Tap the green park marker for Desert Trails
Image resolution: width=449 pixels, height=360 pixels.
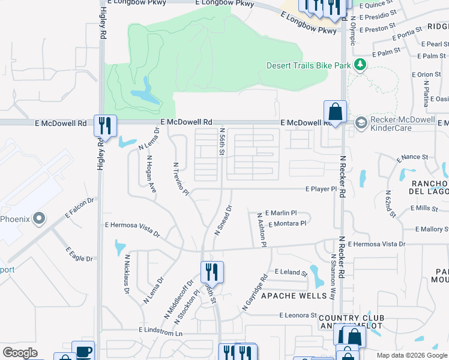click(360, 64)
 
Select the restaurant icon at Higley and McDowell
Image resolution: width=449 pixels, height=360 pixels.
click(105, 125)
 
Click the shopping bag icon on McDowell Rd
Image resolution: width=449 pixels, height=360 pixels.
click(335, 111)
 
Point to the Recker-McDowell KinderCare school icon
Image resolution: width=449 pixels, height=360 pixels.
click(361, 123)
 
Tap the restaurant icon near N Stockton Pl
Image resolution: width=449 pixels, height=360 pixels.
click(212, 271)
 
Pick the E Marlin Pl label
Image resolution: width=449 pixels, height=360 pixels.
click(281, 213)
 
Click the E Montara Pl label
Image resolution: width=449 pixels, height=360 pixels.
click(288, 223)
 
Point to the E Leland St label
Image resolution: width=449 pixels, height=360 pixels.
click(291, 272)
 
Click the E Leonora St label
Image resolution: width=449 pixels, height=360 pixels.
click(298, 315)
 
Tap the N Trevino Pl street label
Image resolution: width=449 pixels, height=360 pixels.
click(181, 179)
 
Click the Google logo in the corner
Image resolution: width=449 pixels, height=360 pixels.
click(20, 353)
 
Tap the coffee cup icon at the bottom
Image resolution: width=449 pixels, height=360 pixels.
click(83, 352)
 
